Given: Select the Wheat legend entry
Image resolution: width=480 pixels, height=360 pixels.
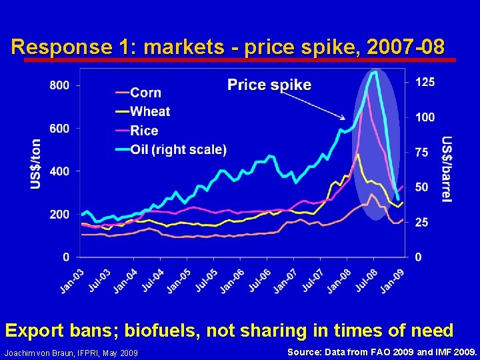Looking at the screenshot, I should click(x=150, y=111).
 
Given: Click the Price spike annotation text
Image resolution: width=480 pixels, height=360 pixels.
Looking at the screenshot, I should click(x=269, y=85).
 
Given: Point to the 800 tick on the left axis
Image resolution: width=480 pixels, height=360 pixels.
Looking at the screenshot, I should click(x=59, y=85).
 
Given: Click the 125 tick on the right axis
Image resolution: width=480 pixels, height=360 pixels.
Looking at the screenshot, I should click(x=425, y=81).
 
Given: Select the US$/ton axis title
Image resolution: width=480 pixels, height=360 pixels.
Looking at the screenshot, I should click(x=36, y=164).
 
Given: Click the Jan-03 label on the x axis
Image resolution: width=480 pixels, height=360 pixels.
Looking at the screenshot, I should click(x=72, y=279).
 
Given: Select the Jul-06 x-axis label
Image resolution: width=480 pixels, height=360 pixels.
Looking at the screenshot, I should click(x=259, y=279).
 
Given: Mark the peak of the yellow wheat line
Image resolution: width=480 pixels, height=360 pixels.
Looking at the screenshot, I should click(x=357, y=155).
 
